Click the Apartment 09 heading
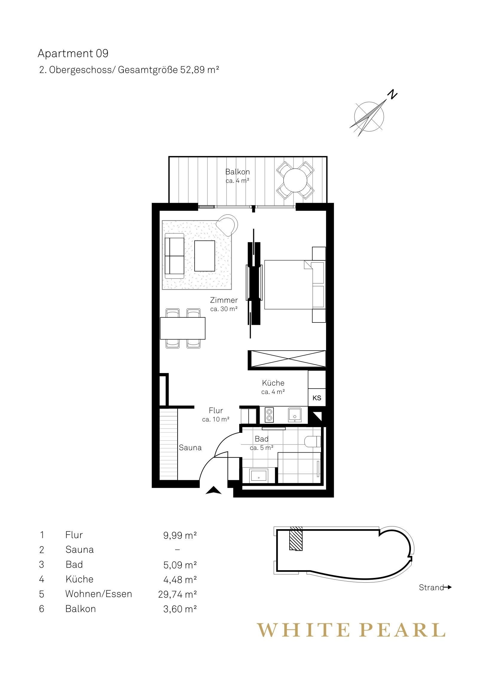pos(73,53)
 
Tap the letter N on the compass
pos(392,94)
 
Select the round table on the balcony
pos(296,180)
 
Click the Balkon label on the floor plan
pos(237,172)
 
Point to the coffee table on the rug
pos(205,256)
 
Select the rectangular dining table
pos(183,328)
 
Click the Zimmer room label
pos(224,300)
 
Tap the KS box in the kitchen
pos(317,398)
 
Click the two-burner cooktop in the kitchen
pos(269,415)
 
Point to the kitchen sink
pos(295,415)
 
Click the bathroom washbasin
pos(259,475)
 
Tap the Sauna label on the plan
pos(190,448)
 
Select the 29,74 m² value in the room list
pos(178,594)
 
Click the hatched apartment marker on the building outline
pos(296,538)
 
